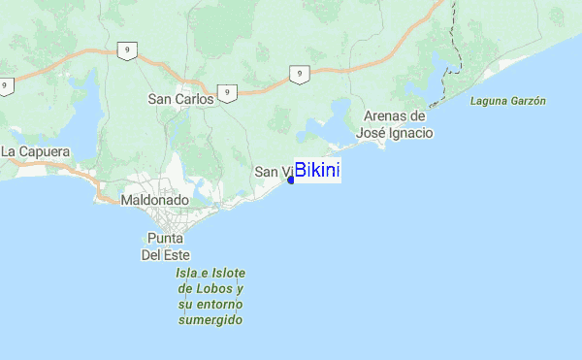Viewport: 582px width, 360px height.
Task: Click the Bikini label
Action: click(317, 171)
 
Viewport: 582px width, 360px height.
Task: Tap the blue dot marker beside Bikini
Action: click(291, 180)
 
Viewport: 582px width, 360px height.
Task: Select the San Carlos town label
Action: click(180, 99)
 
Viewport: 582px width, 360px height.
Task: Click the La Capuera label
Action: click(35, 152)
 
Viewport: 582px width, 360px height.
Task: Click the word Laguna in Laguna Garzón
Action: click(488, 101)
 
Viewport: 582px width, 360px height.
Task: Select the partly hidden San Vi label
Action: click(271, 172)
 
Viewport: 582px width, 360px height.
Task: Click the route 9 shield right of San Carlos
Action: click(227, 93)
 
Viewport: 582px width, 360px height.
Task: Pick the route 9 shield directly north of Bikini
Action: click(301, 73)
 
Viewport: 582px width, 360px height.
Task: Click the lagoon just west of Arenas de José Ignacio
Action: click(325, 129)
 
